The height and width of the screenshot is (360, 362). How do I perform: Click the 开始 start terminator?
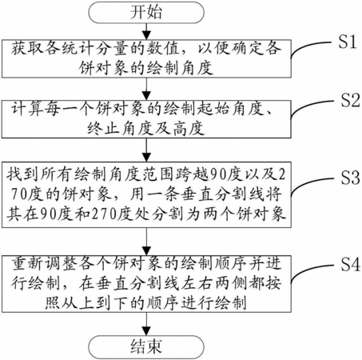(x=146, y=12)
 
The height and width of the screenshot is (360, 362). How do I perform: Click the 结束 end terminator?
(x=146, y=346)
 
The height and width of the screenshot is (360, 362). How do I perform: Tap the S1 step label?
(x=348, y=42)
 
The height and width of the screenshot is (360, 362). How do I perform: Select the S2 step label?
(x=350, y=101)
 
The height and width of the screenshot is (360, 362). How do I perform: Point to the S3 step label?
(x=350, y=178)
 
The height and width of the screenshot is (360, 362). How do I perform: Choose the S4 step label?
(x=350, y=265)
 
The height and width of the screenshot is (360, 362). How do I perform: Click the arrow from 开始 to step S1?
(x=146, y=31)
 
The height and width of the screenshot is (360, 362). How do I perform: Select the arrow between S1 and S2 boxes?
(x=146, y=89)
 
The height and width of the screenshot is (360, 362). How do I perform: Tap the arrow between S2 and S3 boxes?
(x=146, y=150)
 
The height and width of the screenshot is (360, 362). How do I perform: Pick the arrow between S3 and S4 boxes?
(x=146, y=242)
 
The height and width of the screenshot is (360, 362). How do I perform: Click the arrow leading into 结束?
(x=146, y=324)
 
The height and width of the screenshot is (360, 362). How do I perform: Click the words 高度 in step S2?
(x=189, y=129)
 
